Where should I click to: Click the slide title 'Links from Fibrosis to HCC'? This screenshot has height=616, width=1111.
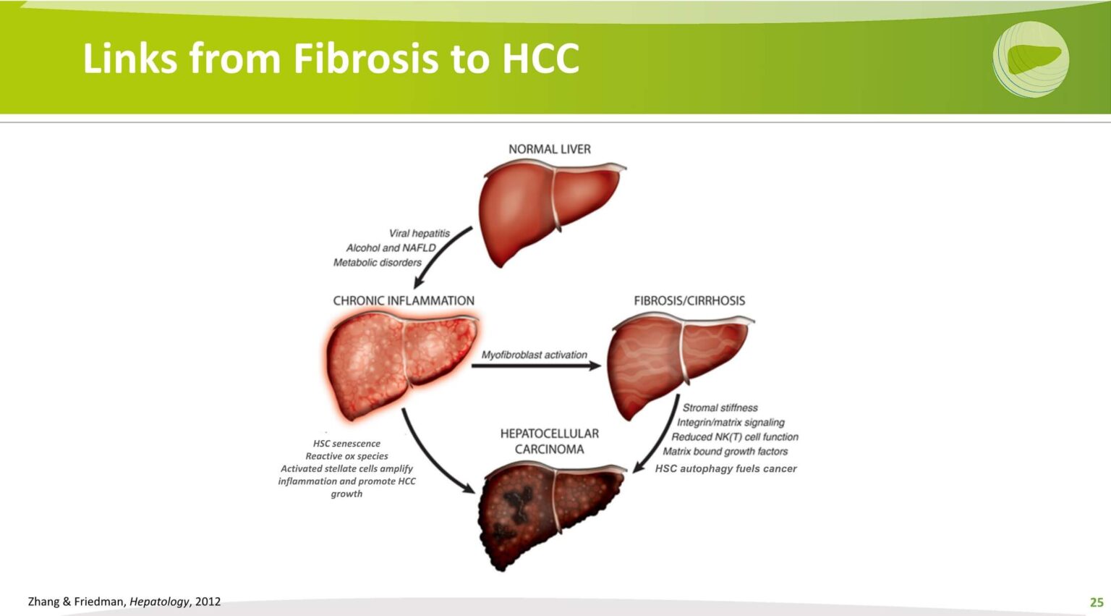point(331,58)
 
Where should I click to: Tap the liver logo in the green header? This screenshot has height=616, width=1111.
point(1031,59)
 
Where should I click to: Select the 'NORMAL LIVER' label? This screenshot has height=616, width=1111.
point(549,149)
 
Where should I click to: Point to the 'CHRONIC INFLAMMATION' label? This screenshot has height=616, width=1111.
point(404,300)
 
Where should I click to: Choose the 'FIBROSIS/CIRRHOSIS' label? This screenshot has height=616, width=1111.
point(689,300)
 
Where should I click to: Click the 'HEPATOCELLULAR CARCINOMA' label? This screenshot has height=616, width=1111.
point(549,441)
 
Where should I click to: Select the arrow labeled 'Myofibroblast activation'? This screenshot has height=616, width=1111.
point(535,366)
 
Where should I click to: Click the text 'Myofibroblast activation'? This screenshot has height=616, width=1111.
point(534,355)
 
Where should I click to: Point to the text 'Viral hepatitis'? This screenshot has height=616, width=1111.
point(419,233)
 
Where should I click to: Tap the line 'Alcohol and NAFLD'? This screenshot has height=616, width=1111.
point(391,248)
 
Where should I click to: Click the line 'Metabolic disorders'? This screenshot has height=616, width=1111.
point(377,262)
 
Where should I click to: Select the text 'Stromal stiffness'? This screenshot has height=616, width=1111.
point(720,408)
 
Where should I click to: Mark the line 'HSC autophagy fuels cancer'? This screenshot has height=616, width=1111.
point(725,468)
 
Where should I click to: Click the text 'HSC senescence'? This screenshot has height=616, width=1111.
point(346,443)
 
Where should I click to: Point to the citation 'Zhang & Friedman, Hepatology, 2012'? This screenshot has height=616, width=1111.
point(124,602)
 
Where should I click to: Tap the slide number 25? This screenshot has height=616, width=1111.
point(1097,602)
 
